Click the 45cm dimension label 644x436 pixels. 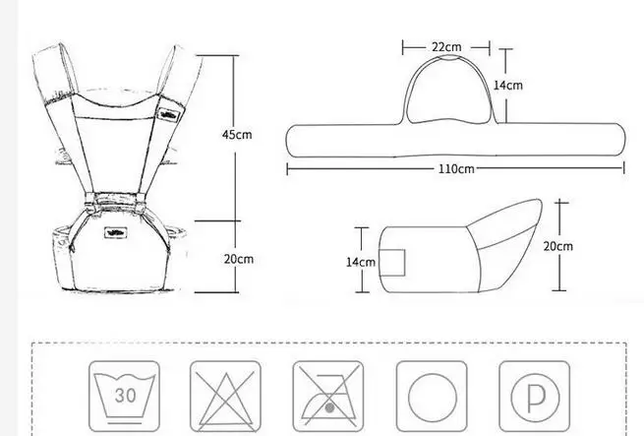[x=237, y=135]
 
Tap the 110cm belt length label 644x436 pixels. [x=456, y=168]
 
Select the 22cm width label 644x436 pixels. [x=446, y=47]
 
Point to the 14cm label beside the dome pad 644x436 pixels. [x=508, y=86]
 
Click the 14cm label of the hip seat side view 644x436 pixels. [x=361, y=262]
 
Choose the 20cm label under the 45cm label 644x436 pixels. [x=239, y=259]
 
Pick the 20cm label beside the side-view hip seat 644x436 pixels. [x=558, y=246]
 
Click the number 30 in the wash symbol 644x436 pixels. [x=125, y=396]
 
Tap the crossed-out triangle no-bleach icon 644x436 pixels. [x=225, y=397]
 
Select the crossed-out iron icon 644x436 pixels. [x=328, y=397]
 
